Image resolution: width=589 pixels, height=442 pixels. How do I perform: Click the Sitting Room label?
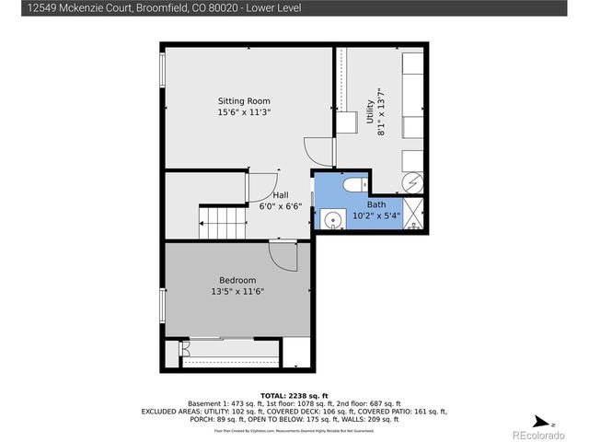(x=243, y=100)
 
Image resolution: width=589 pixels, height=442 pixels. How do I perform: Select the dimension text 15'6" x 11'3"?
(x=243, y=112)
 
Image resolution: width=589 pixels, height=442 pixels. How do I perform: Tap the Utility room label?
(x=370, y=112)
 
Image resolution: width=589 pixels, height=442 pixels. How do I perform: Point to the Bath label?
(x=376, y=204)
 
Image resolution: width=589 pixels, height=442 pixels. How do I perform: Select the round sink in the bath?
(x=329, y=219)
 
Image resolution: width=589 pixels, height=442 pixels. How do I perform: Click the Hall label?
(x=281, y=195)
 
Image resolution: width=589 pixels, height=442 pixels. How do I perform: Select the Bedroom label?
(x=237, y=280)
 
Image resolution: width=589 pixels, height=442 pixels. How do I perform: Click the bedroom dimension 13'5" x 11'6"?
(x=237, y=293)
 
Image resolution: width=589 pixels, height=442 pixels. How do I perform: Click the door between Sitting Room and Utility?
(x=317, y=150)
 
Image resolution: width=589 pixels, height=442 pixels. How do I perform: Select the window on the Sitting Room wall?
(x=163, y=70)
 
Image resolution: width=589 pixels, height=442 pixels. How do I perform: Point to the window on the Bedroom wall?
(x=163, y=304)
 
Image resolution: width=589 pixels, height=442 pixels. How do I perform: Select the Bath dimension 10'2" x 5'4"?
(x=376, y=216)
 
